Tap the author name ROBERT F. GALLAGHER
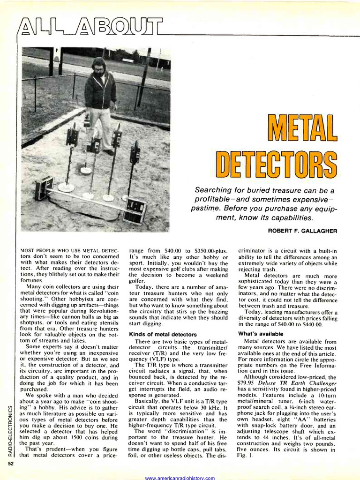pyautogui.click(x=302, y=231)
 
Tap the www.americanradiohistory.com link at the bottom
pyautogui.click(x=180, y=478)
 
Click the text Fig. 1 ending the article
pyautogui.click(x=245, y=456)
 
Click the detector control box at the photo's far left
pyautogui.click(x=44, y=187)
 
